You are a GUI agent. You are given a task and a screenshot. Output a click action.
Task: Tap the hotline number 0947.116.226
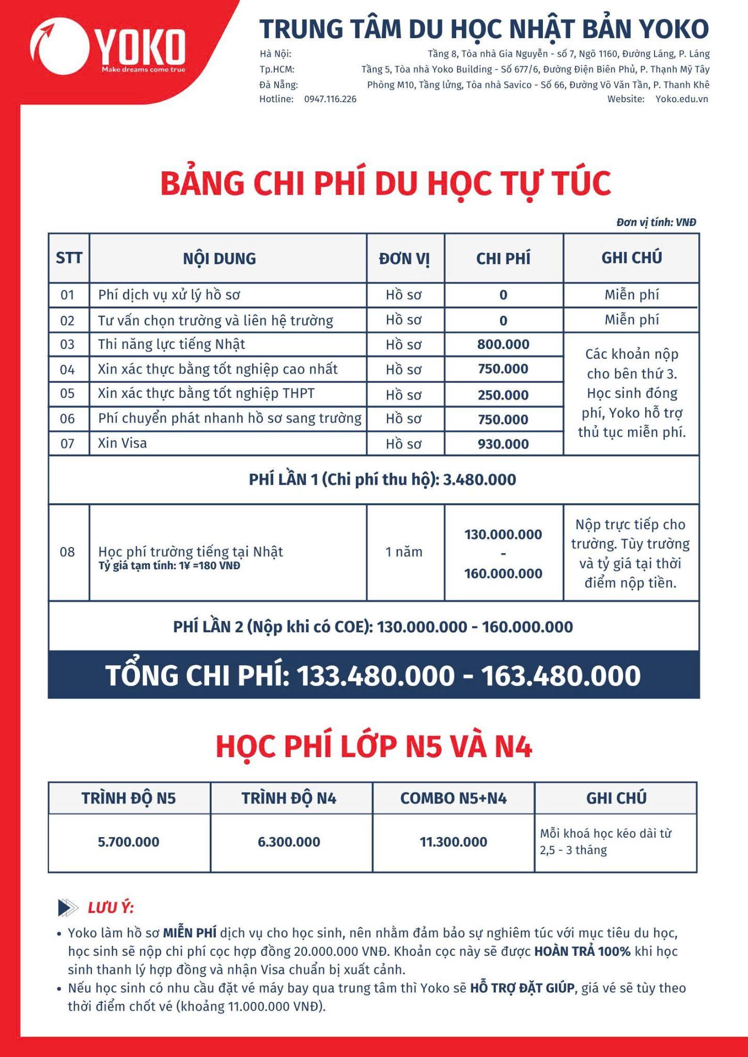(330, 99)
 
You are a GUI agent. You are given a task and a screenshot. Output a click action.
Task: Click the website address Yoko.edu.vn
(681, 99)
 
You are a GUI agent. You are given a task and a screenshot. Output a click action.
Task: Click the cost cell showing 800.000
(503, 344)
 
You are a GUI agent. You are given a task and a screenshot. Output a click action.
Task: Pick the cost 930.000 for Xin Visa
(503, 444)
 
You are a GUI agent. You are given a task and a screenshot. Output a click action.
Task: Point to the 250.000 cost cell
(503, 395)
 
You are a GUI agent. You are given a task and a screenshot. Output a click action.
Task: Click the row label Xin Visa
(122, 443)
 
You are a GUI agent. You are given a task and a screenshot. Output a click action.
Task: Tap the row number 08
(67, 552)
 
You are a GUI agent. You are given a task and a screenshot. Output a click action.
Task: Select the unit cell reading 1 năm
(404, 552)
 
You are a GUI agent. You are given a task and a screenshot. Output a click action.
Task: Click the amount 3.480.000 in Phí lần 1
(479, 479)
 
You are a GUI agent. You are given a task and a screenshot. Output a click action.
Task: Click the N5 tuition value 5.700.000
(129, 842)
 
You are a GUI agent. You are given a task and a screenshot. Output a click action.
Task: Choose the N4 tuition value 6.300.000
(289, 842)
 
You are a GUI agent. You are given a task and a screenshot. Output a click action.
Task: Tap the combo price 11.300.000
(453, 842)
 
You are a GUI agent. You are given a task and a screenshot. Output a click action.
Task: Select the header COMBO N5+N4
(453, 798)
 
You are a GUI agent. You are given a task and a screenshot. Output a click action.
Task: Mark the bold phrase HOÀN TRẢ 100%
(582, 951)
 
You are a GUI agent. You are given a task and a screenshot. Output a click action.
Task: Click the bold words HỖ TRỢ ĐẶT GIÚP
(522, 988)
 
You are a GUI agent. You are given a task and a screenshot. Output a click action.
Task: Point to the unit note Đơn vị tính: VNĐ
(656, 222)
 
